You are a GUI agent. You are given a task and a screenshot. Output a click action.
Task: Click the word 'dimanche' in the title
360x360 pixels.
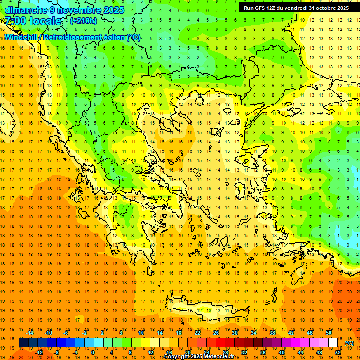point(24,10)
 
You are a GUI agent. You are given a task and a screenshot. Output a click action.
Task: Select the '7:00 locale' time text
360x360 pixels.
point(33,21)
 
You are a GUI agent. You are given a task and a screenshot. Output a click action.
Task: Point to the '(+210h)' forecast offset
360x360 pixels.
point(83,21)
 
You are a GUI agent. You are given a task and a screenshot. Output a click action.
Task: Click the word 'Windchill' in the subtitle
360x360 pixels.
point(21,37)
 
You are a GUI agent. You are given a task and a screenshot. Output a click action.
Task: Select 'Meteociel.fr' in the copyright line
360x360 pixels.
point(217,357)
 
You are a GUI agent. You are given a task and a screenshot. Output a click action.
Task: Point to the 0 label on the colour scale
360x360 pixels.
point(92,352)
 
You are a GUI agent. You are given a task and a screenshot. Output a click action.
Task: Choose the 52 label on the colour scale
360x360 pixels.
point(338,352)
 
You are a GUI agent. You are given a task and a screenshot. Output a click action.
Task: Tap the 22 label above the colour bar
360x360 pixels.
point(197,333)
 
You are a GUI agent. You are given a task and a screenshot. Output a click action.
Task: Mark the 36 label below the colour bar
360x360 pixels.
point(263,352)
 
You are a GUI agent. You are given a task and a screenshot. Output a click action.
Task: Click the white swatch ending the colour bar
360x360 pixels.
point(333,343)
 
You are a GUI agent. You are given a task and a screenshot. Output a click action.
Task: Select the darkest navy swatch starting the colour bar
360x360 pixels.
point(23,343)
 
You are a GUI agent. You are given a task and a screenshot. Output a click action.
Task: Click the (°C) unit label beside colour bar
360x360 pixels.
point(349,343)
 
